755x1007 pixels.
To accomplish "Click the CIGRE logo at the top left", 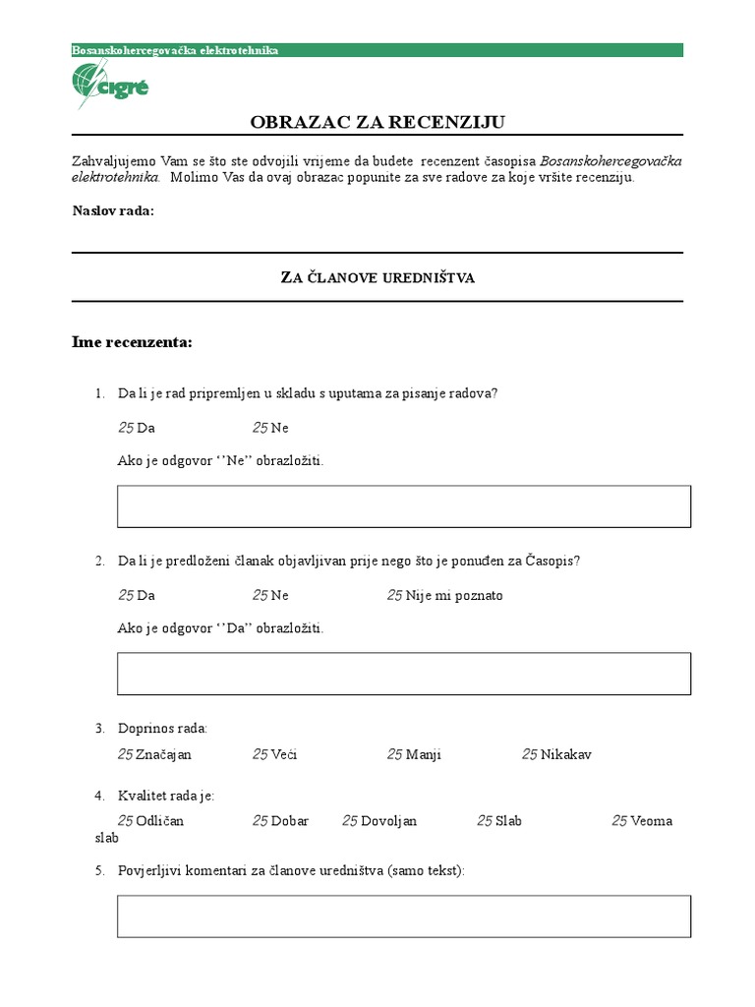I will [110, 84].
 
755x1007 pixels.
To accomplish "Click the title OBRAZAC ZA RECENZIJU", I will [377, 122].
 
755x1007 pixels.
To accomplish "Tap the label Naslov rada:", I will [113, 210].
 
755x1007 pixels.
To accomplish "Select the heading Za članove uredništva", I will [377, 278].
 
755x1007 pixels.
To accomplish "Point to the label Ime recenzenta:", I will [132, 342].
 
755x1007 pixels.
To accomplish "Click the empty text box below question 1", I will [403, 506].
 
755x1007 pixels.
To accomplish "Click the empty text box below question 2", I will [403, 674].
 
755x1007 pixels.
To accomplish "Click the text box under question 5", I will [403, 916].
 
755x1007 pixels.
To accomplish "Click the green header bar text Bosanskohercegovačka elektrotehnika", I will [176, 50].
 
